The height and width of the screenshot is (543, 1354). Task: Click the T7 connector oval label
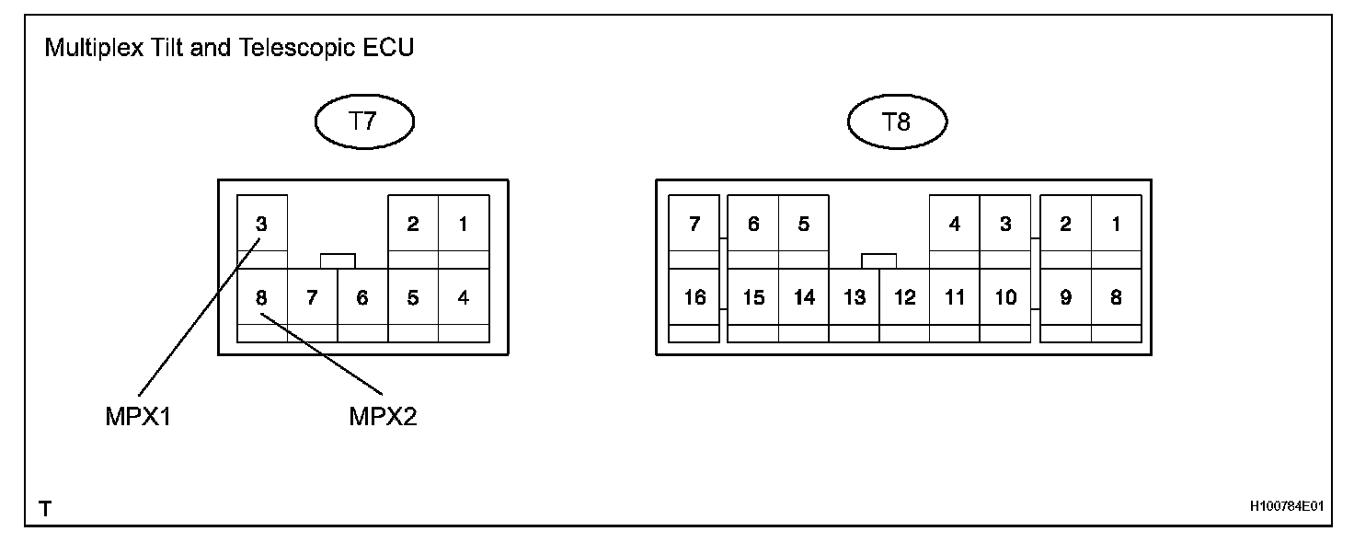click(365, 121)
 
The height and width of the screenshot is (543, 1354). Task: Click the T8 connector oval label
click(897, 121)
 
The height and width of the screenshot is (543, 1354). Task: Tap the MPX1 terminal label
click(139, 417)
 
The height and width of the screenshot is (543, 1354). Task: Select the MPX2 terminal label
click(384, 417)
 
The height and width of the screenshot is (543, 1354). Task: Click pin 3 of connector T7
click(261, 224)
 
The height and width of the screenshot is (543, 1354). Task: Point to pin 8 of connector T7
click(261, 297)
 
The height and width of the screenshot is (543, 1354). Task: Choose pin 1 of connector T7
click(463, 224)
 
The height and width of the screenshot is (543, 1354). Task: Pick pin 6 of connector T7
click(361, 297)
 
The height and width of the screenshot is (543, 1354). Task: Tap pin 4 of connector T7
click(463, 297)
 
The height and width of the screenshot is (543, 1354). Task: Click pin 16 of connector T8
click(694, 297)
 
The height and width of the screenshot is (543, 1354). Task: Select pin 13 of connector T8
click(855, 297)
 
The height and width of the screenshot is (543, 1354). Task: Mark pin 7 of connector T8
click(694, 224)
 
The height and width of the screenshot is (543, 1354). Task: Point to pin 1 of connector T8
click(1116, 224)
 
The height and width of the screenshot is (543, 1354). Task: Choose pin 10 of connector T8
click(1005, 297)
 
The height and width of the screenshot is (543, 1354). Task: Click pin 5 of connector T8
click(803, 224)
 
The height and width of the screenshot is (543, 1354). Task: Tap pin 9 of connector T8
click(1065, 297)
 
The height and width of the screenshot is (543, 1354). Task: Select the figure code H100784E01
click(1286, 507)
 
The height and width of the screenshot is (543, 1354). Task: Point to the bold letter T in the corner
click(45, 508)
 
